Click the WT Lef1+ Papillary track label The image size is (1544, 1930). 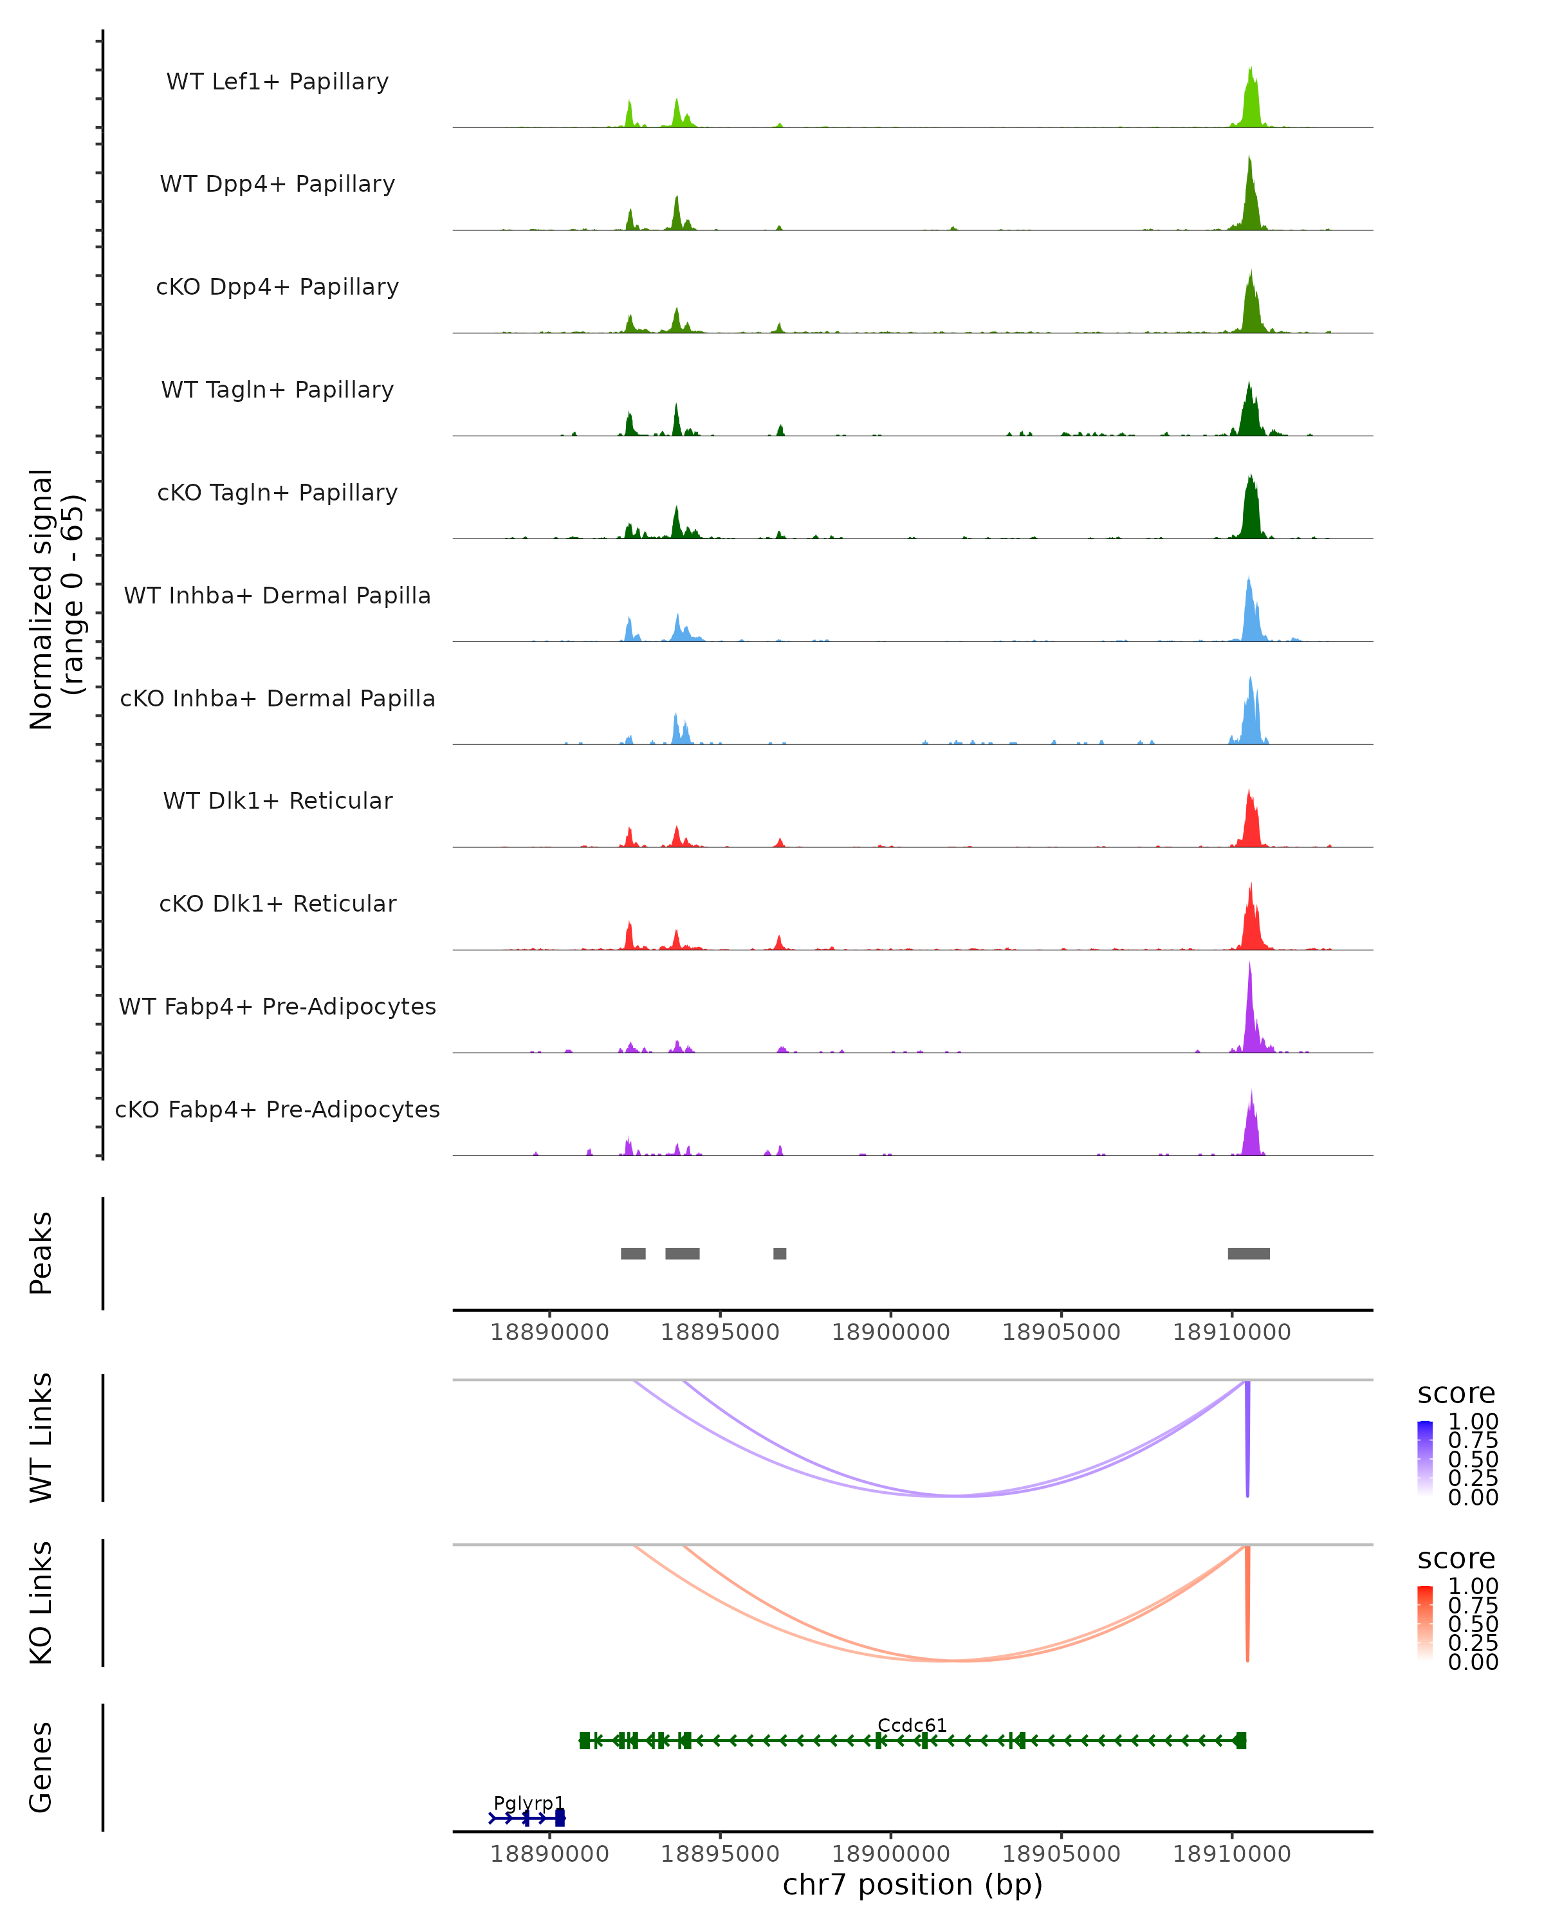click(277, 82)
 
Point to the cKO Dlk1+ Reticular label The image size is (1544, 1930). click(277, 903)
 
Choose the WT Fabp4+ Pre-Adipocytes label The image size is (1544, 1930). click(277, 1006)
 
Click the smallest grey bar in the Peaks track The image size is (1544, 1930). click(780, 1253)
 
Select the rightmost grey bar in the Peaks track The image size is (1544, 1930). click(1249, 1253)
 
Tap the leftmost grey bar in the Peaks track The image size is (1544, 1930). click(633, 1253)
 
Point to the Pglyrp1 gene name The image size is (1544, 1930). click(529, 1803)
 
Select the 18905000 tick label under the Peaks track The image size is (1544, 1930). click(1061, 1332)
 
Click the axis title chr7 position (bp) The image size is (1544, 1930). click(912, 1885)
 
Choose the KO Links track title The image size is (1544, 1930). click(41, 1603)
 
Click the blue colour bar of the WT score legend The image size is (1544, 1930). click(1425, 1458)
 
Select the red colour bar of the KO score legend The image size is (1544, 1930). click(1425, 1623)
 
